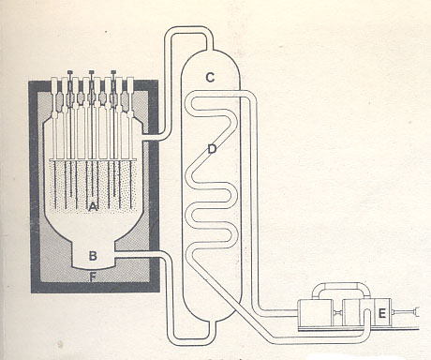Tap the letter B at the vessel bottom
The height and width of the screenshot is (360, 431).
click(93, 255)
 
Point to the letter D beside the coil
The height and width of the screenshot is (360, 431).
click(212, 148)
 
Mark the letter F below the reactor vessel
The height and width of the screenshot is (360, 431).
click(93, 277)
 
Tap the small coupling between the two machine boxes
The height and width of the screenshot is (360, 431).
click(339, 312)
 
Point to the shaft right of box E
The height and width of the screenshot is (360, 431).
click(410, 311)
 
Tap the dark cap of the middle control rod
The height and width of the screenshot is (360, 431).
click(92, 71)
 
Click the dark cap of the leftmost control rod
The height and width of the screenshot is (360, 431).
click(70, 72)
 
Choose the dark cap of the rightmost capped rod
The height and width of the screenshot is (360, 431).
click(114, 71)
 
